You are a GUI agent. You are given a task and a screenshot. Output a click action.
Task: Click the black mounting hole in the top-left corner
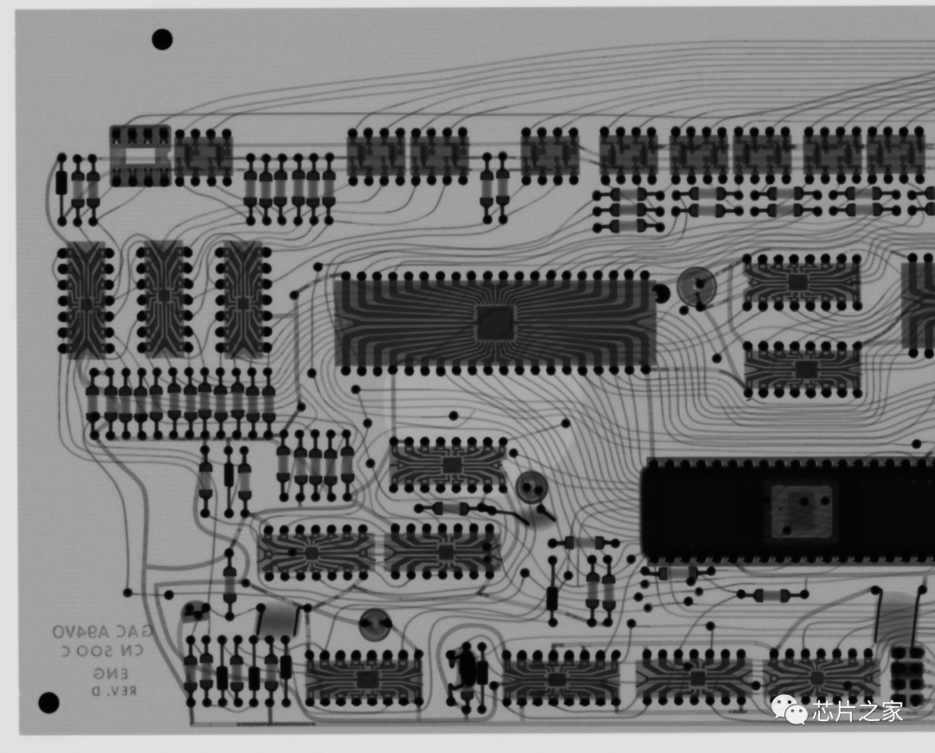[x=162, y=39]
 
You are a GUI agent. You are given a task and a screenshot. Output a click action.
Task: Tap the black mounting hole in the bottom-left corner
[x=48, y=702]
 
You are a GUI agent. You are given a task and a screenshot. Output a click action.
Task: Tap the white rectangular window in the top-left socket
[x=139, y=157]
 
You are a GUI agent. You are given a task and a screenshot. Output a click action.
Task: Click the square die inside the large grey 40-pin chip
[x=496, y=322]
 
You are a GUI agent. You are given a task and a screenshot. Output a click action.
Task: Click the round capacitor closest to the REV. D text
[x=195, y=611]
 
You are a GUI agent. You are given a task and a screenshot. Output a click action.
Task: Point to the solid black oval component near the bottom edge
[x=467, y=666]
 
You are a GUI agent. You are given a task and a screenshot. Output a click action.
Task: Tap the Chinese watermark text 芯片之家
[x=857, y=711]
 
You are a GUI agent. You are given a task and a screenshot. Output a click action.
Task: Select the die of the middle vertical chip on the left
[x=164, y=294]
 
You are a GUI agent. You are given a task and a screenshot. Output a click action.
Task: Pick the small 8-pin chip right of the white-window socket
[x=203, y=156]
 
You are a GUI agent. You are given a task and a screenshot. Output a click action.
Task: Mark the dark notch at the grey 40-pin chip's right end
[x=659, y=294]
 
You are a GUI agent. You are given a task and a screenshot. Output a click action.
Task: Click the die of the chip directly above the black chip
[x=804, y=369]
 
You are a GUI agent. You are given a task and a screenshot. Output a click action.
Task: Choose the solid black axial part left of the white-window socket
[x=61, y=183]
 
